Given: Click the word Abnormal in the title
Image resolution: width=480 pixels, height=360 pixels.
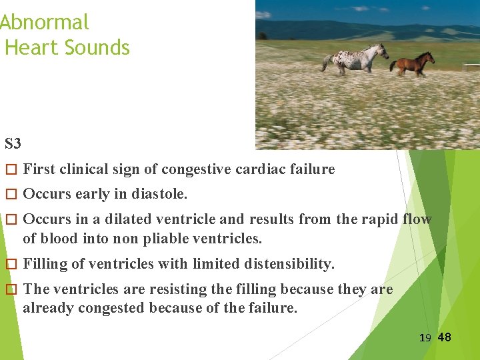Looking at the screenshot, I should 44,23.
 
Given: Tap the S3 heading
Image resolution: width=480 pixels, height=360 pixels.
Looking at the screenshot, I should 13,144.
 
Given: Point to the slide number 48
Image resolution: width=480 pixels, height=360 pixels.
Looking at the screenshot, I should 444,337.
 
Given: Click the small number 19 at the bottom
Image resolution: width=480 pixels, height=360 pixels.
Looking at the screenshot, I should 425,338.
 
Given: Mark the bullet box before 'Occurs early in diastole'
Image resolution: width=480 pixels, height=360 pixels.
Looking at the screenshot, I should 9,195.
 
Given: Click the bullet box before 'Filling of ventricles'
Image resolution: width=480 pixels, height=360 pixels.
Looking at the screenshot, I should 9,265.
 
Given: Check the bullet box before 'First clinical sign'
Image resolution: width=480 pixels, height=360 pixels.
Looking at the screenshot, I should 9,170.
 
